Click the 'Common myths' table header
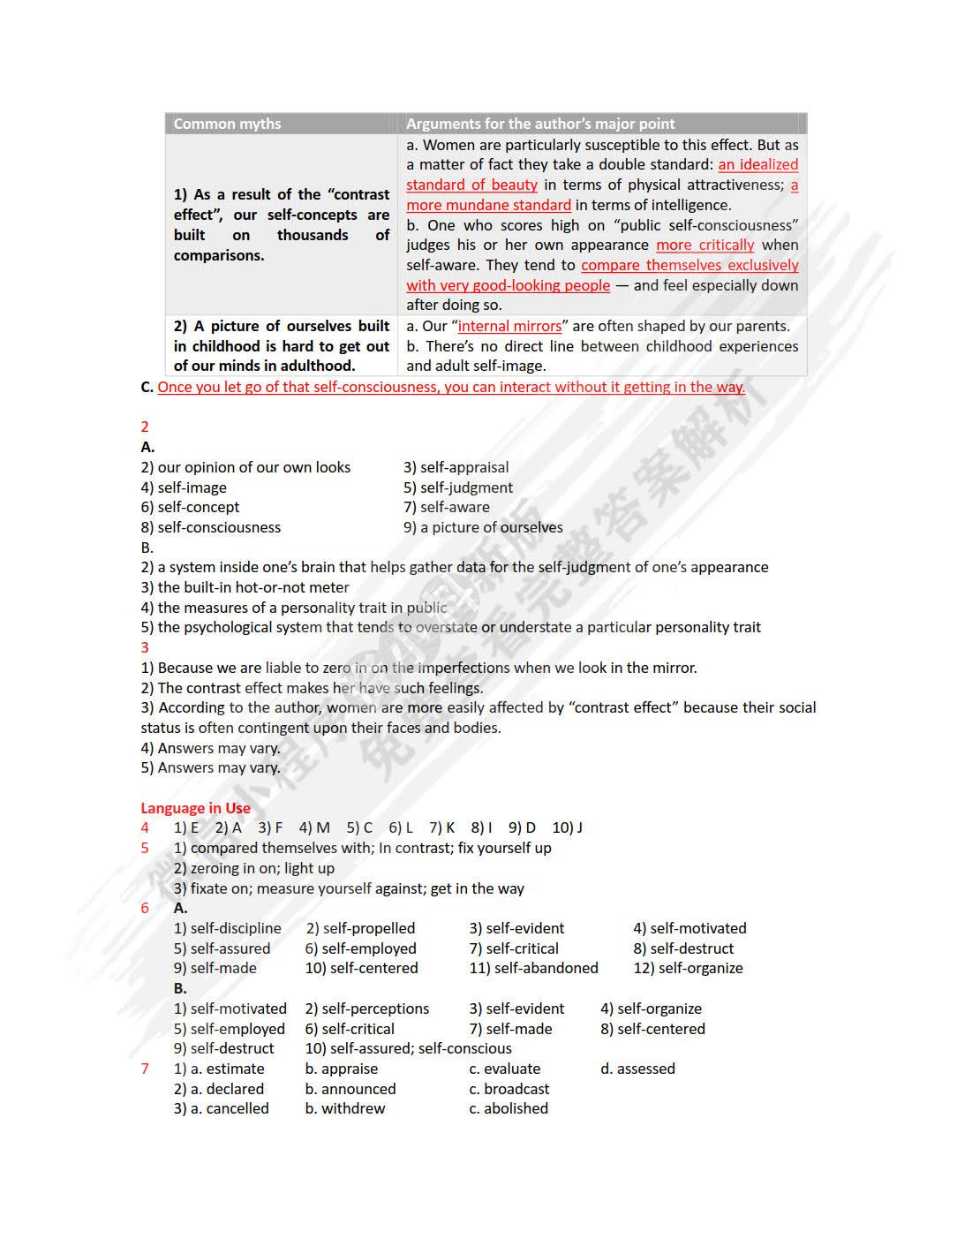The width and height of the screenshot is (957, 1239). pos(227,124)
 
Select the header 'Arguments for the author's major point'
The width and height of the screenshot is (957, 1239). pos(539,124)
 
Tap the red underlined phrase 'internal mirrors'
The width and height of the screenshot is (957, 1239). pos(509,326)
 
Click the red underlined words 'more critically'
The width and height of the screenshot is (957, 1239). pos(705,245)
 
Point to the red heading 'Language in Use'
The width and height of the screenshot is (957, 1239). pos(195,808)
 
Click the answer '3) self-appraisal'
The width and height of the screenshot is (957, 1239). pos(456,467)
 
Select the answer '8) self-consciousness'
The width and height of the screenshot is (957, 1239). pos(210,527)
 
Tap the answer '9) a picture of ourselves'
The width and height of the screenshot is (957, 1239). pos(483,527)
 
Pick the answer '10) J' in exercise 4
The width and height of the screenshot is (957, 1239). pos(567,827)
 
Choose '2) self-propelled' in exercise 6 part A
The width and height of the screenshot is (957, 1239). pos(360,928)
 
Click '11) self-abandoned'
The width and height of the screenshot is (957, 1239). pos(533,968)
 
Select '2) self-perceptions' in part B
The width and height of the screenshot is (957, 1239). pos(367,1009)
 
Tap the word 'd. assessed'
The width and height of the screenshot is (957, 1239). pos(637,1069)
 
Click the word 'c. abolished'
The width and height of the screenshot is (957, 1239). pos(509,1108)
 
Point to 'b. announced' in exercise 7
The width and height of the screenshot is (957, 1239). pos(350,1089)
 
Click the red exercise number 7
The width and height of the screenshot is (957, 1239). pos(145,1069)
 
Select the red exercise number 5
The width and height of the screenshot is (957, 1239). pos(145,848)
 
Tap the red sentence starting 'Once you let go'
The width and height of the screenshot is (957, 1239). pos(451,387)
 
